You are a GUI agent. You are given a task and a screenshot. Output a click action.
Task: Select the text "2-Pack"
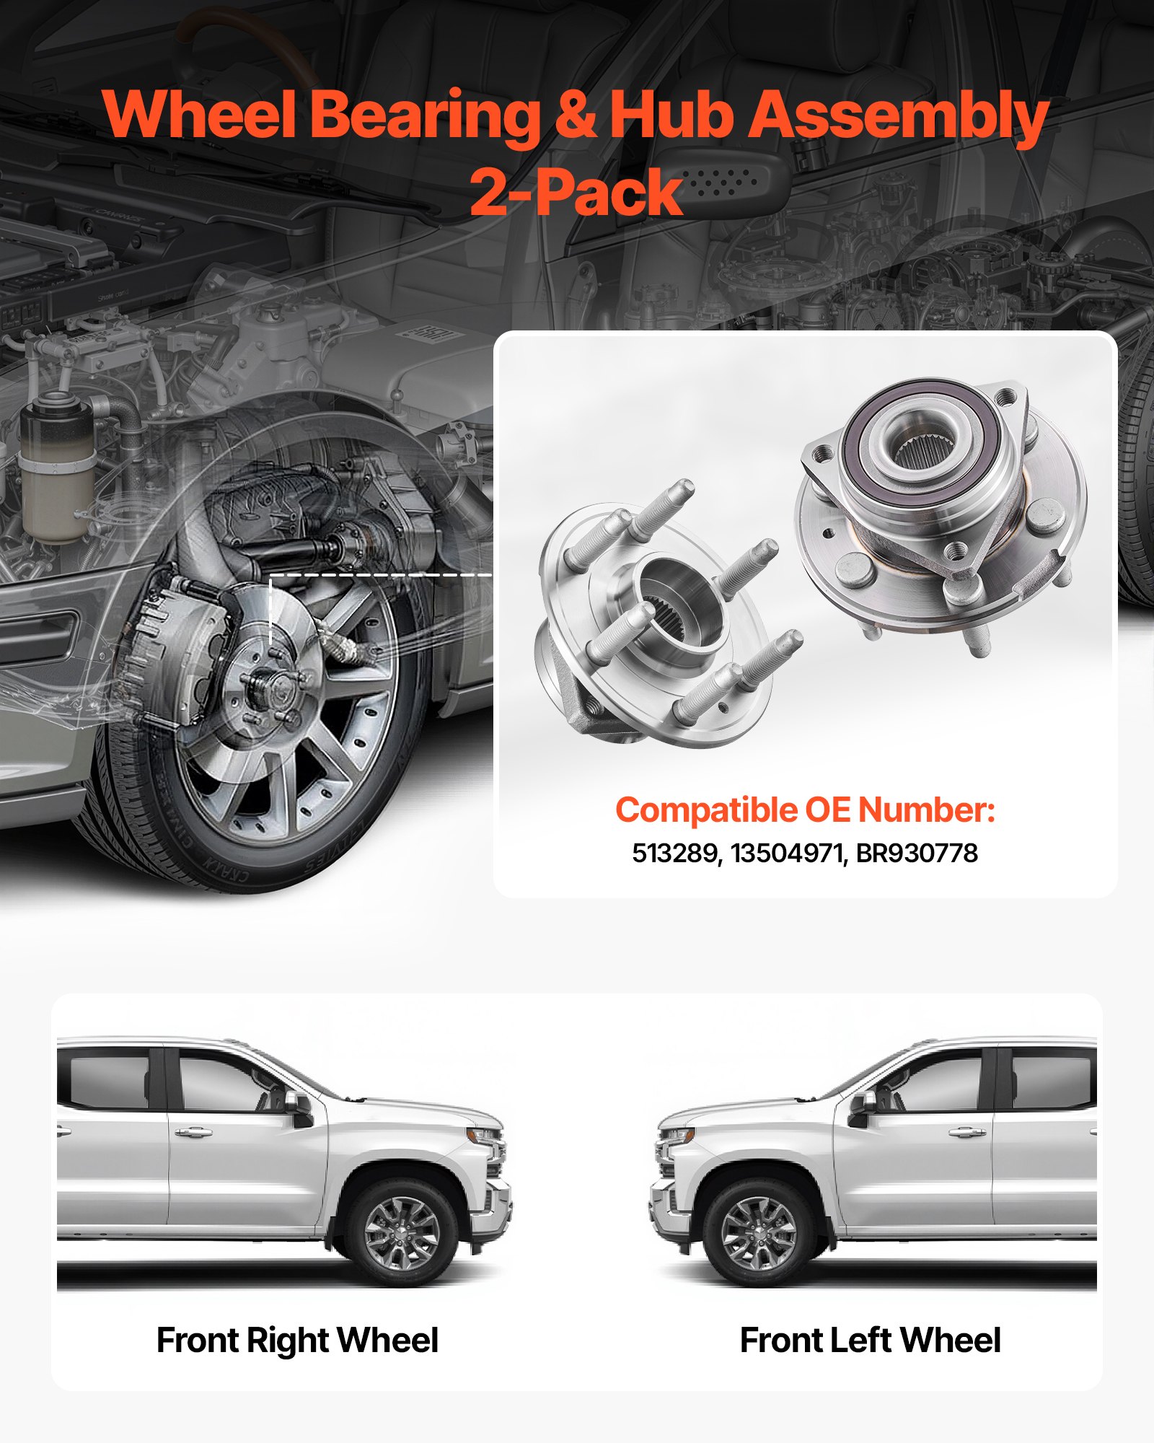[x=576, y=192]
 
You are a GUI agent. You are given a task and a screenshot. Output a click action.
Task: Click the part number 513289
[x=675, y=854]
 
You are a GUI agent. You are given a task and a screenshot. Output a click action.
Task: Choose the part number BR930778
[x=917, y=854]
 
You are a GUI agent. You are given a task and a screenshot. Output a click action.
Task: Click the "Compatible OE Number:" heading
[x=805, y=810]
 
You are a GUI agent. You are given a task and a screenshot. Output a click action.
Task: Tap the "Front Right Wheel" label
[x=297, y=1341]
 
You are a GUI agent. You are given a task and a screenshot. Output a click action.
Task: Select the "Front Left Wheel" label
[x=870, y=1341]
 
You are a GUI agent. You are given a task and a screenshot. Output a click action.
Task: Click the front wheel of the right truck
[x=759, y=1232]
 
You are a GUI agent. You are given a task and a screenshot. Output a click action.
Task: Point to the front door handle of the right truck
[x=966, y=1131]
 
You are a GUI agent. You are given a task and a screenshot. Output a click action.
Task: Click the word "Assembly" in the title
[x=898, y=115]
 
